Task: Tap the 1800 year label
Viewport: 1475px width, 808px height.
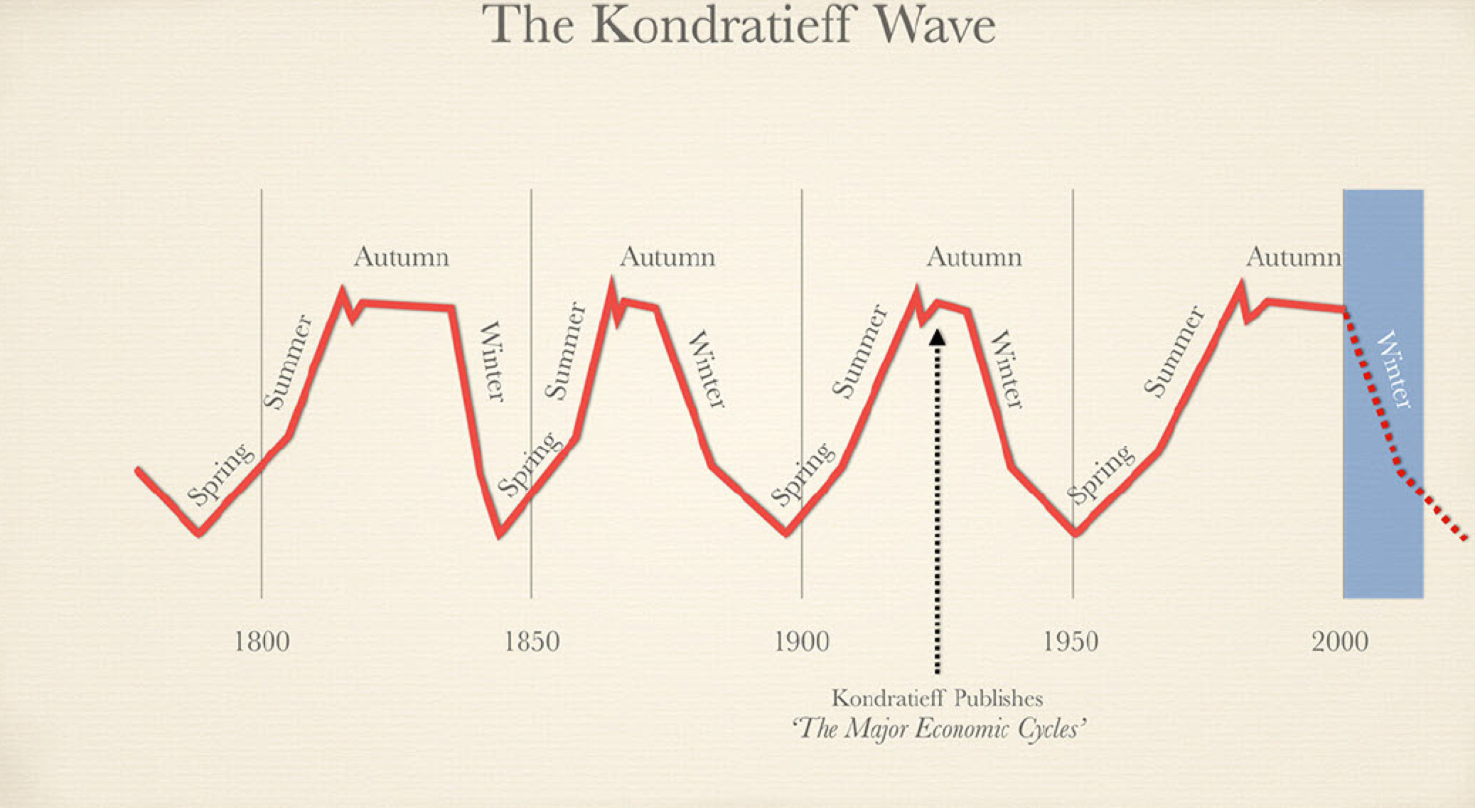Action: tap(262, 642)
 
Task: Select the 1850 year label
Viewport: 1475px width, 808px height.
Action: tap(532, 642)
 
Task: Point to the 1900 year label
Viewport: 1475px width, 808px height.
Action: tap(801, 642)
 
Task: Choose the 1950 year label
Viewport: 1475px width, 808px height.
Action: tap(1071, 642)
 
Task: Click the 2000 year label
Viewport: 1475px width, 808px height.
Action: tap(1340, 642)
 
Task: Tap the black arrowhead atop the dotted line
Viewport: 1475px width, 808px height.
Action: tap(938, 336)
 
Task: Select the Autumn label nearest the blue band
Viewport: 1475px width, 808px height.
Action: tap(1293, 257)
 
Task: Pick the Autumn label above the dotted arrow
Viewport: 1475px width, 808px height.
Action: tap(974, 257)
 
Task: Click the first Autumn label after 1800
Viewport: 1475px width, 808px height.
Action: tap(402, 257)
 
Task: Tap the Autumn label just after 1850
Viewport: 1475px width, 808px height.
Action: tap(667, 257)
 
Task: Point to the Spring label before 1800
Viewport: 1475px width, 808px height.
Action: tap(220, 474)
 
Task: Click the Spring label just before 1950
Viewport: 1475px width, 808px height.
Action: tap(1100, 474)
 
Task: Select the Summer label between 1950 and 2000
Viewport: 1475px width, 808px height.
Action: tap(1174, 351)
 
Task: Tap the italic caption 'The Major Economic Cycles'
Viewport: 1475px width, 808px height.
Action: tap(938, 729)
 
